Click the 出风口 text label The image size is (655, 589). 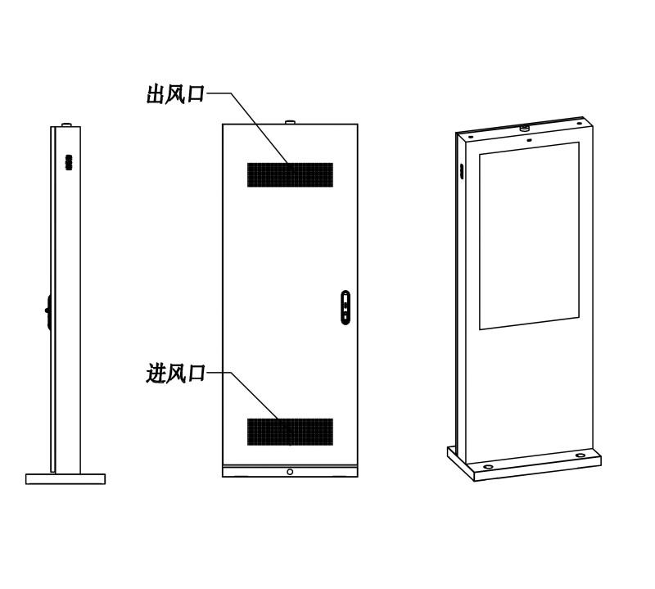pos(175,94)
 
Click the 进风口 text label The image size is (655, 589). pos(175,374)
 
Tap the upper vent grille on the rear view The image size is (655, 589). pos(291,174)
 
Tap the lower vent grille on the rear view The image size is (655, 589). pos(291,432)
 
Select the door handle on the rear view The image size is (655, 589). pos(346,308)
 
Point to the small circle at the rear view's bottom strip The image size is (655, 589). pos(290,472)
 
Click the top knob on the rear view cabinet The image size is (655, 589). pos(291,122)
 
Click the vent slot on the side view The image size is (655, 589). pos(69,163)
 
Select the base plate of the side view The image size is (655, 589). pos(65,479)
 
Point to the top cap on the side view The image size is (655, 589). pos(67,125)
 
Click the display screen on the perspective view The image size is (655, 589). pos(529,236)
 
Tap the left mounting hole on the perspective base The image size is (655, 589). pos(488,466)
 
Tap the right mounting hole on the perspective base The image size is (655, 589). pos(580,455)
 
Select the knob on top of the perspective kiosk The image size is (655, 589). pos(525,127)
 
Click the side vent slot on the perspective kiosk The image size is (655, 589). pos(462,171)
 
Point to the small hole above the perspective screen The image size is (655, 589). pos(529,140)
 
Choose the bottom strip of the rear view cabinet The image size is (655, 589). pos(291,471)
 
